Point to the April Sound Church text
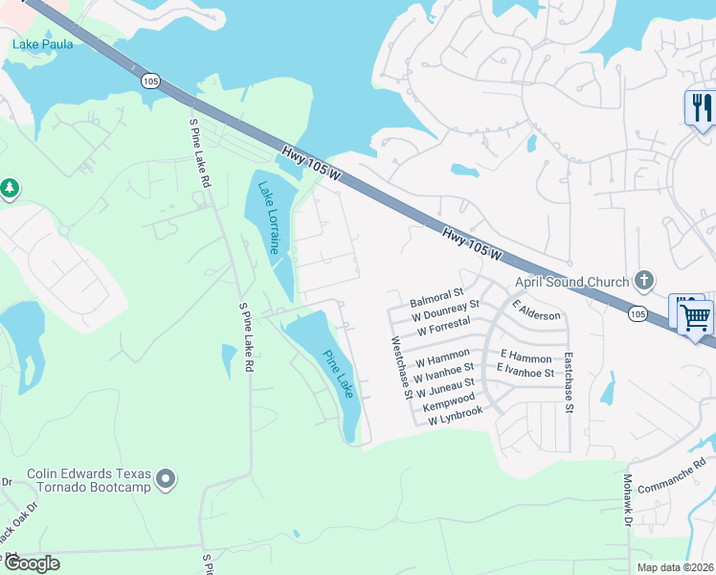click(571, 282)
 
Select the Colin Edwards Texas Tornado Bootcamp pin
click(167, 478)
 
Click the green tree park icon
click(11, 188)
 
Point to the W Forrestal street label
click(443, 325)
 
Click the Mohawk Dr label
click(628, 498)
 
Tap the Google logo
click(32, 563)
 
